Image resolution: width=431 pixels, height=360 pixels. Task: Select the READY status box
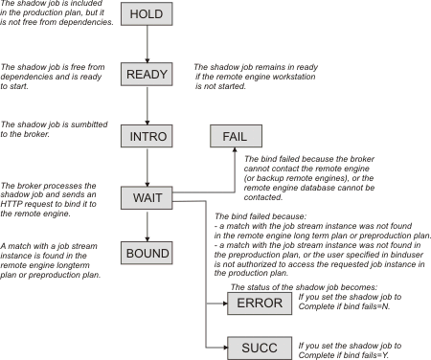pos(147,77)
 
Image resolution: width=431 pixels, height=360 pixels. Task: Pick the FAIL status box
pos(235,136)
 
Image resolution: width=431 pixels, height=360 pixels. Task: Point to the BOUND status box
pos(147,254)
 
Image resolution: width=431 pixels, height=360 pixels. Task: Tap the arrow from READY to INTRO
pos(147,106)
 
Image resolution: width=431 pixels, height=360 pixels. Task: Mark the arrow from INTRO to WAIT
pos(147,167)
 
